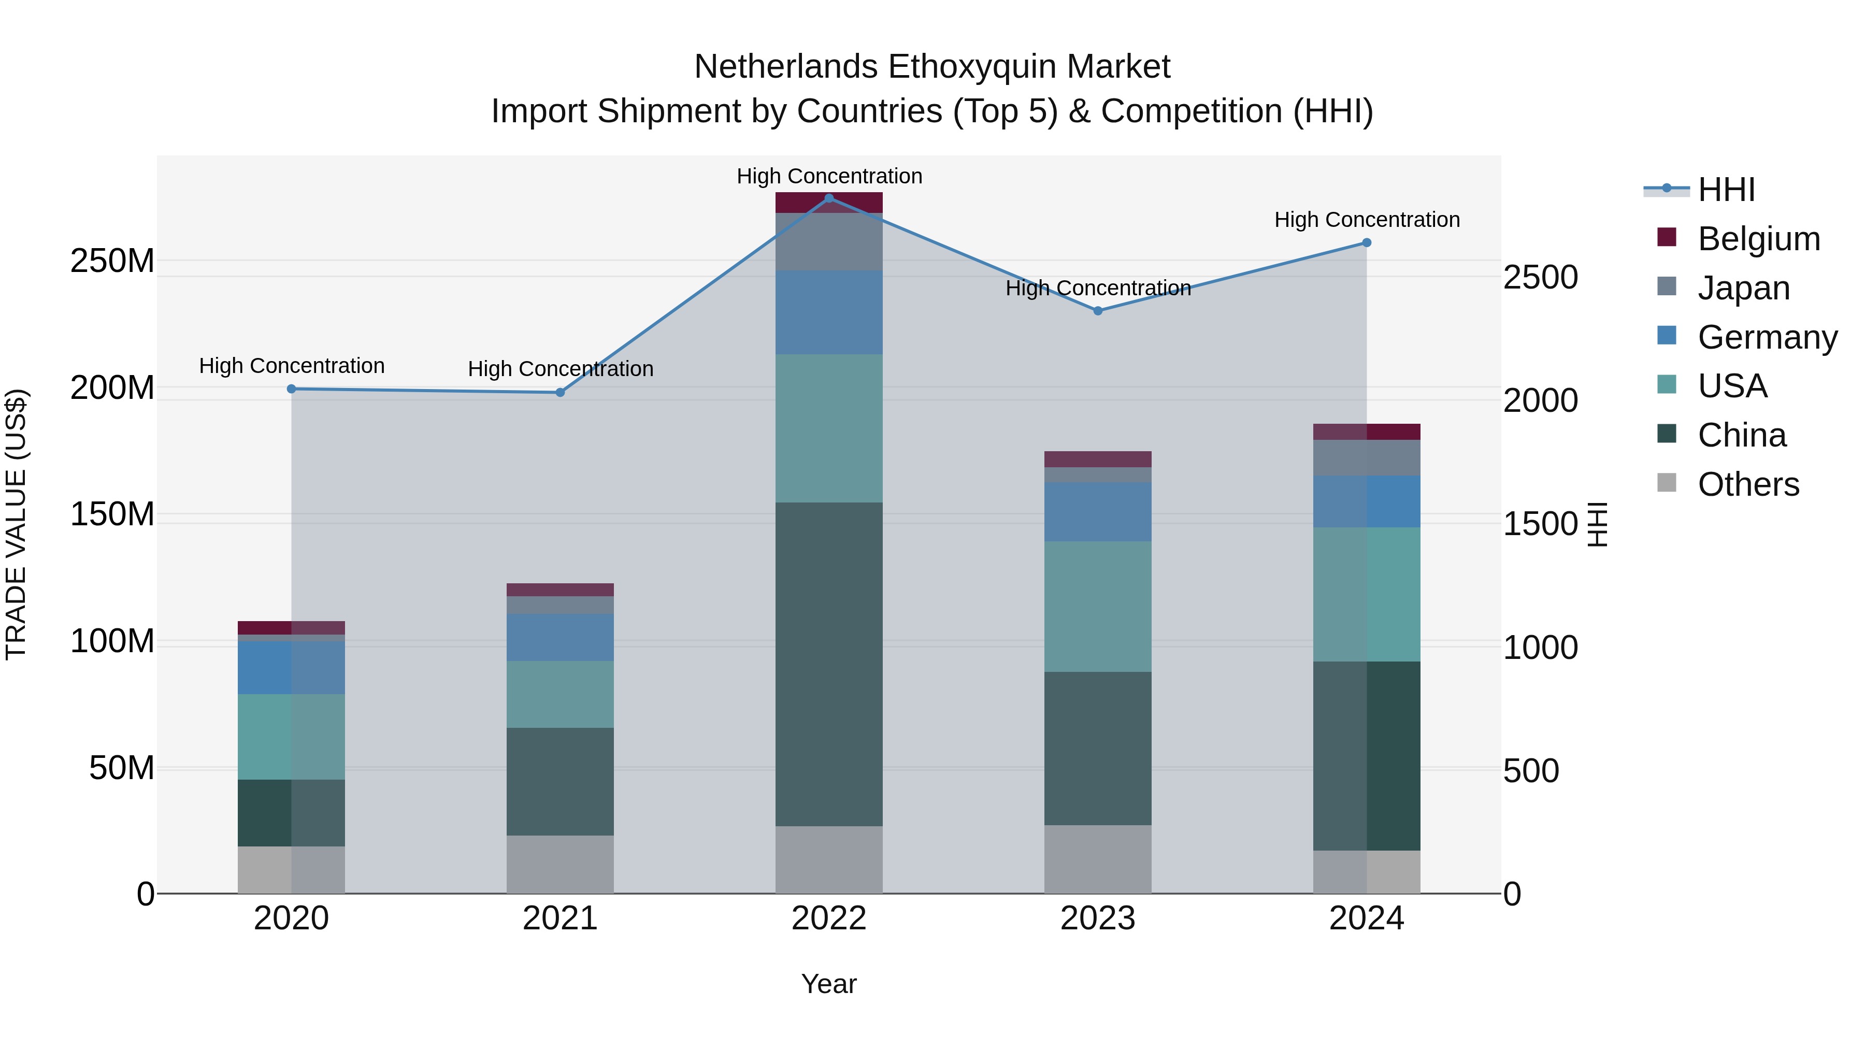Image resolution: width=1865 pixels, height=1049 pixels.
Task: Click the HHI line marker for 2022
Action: click(x=829, y=198)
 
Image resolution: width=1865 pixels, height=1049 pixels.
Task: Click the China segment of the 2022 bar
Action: click(x=829, y=664)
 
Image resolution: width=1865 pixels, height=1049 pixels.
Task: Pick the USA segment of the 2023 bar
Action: click(x=1098, y=606)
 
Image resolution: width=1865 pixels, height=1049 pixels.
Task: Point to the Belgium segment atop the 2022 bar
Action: click(x=829, y=203)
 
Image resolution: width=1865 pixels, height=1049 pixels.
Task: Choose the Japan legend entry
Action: click(x=1743, y=288)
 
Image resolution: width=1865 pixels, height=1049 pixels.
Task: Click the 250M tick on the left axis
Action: click(x=112, y=261)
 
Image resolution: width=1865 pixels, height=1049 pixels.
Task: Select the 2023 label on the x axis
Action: click(x=1098, y=918)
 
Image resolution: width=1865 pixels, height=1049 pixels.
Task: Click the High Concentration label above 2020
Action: click(x=292, y=366)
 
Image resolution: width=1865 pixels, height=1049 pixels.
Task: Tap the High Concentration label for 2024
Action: click(x=1366, y=219)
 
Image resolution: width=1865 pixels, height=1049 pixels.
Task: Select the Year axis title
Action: click(x=828, y=984)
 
